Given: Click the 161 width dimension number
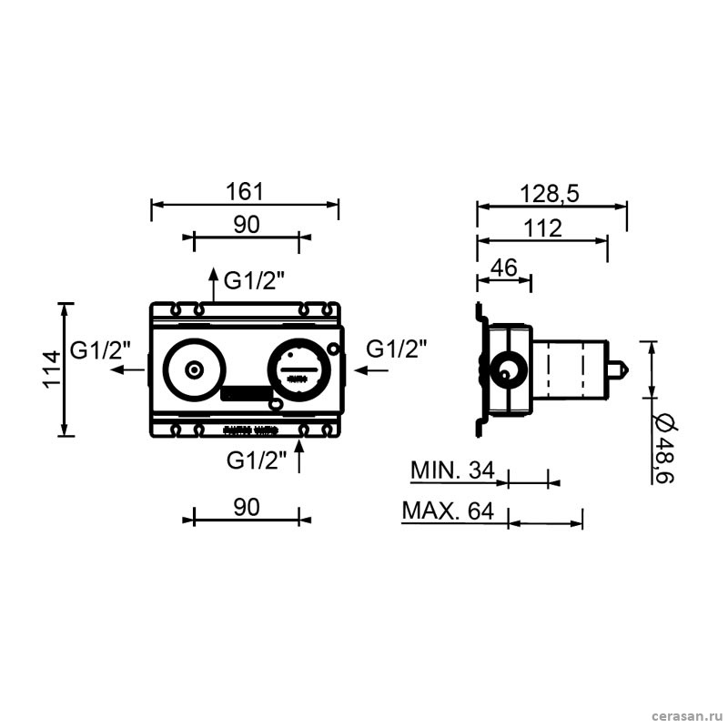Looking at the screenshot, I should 245,192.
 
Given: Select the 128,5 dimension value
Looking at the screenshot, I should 551,193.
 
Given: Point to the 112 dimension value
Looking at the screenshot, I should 543,229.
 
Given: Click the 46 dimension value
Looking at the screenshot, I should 503,268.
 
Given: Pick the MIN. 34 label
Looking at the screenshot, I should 452,470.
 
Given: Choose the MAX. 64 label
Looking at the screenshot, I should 448,511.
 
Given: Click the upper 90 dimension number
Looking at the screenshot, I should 246,225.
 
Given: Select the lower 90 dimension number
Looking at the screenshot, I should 246,507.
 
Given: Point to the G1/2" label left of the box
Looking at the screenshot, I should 100,350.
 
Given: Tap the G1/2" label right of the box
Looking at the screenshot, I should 396,349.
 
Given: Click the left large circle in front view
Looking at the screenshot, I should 192,370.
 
